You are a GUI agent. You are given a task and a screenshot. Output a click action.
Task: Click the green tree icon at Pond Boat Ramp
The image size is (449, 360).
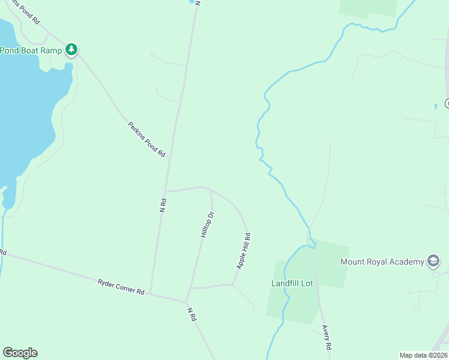pyautogui.click(x=72, y=49)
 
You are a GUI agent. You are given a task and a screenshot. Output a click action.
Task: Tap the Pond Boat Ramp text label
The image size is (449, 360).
pyautogui.click(x=31, y=50)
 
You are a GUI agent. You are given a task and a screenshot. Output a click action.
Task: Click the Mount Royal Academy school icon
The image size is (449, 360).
pyautogui.click(x=433, y=261)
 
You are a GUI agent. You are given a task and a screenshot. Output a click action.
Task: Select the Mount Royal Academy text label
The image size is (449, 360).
pyautogui.click(x=382, y=262)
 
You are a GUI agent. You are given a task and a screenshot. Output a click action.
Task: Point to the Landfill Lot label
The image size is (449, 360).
pyautogui.click(x=292, y=283)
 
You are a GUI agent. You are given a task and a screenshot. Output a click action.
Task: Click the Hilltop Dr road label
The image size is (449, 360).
pyautogui.click(x=206, y=226)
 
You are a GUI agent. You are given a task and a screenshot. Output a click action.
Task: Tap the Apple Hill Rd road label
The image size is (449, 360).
pyautogui.click(x=243, y=251)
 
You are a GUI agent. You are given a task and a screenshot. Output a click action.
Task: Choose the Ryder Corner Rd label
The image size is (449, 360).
pyautogui.click(x=121, y=286)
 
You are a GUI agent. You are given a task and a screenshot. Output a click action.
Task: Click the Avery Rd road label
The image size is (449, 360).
pyautogui.click(x=327, y=338)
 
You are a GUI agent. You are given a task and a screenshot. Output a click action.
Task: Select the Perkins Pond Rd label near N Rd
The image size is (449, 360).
pyautogui.click(x=146, y=139)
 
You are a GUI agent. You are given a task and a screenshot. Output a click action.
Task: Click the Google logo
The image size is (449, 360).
pyautogui.click(x=20, y=353)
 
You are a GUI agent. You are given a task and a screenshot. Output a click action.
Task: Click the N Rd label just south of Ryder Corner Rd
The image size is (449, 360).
pyautogui.click(x=191, y=315)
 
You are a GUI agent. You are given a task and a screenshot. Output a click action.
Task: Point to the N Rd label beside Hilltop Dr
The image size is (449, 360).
pyautogui.click(x=163, y=205)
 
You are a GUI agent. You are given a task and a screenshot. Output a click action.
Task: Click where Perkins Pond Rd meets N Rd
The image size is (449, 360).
pyautogui.click(x=170, y=157)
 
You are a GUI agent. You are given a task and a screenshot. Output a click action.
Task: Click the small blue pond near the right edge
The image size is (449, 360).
pyautogui.click(x=435, y=106)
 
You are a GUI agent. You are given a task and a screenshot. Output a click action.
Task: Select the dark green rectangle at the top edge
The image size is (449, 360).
pyautogui.click(x=368, y=7)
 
